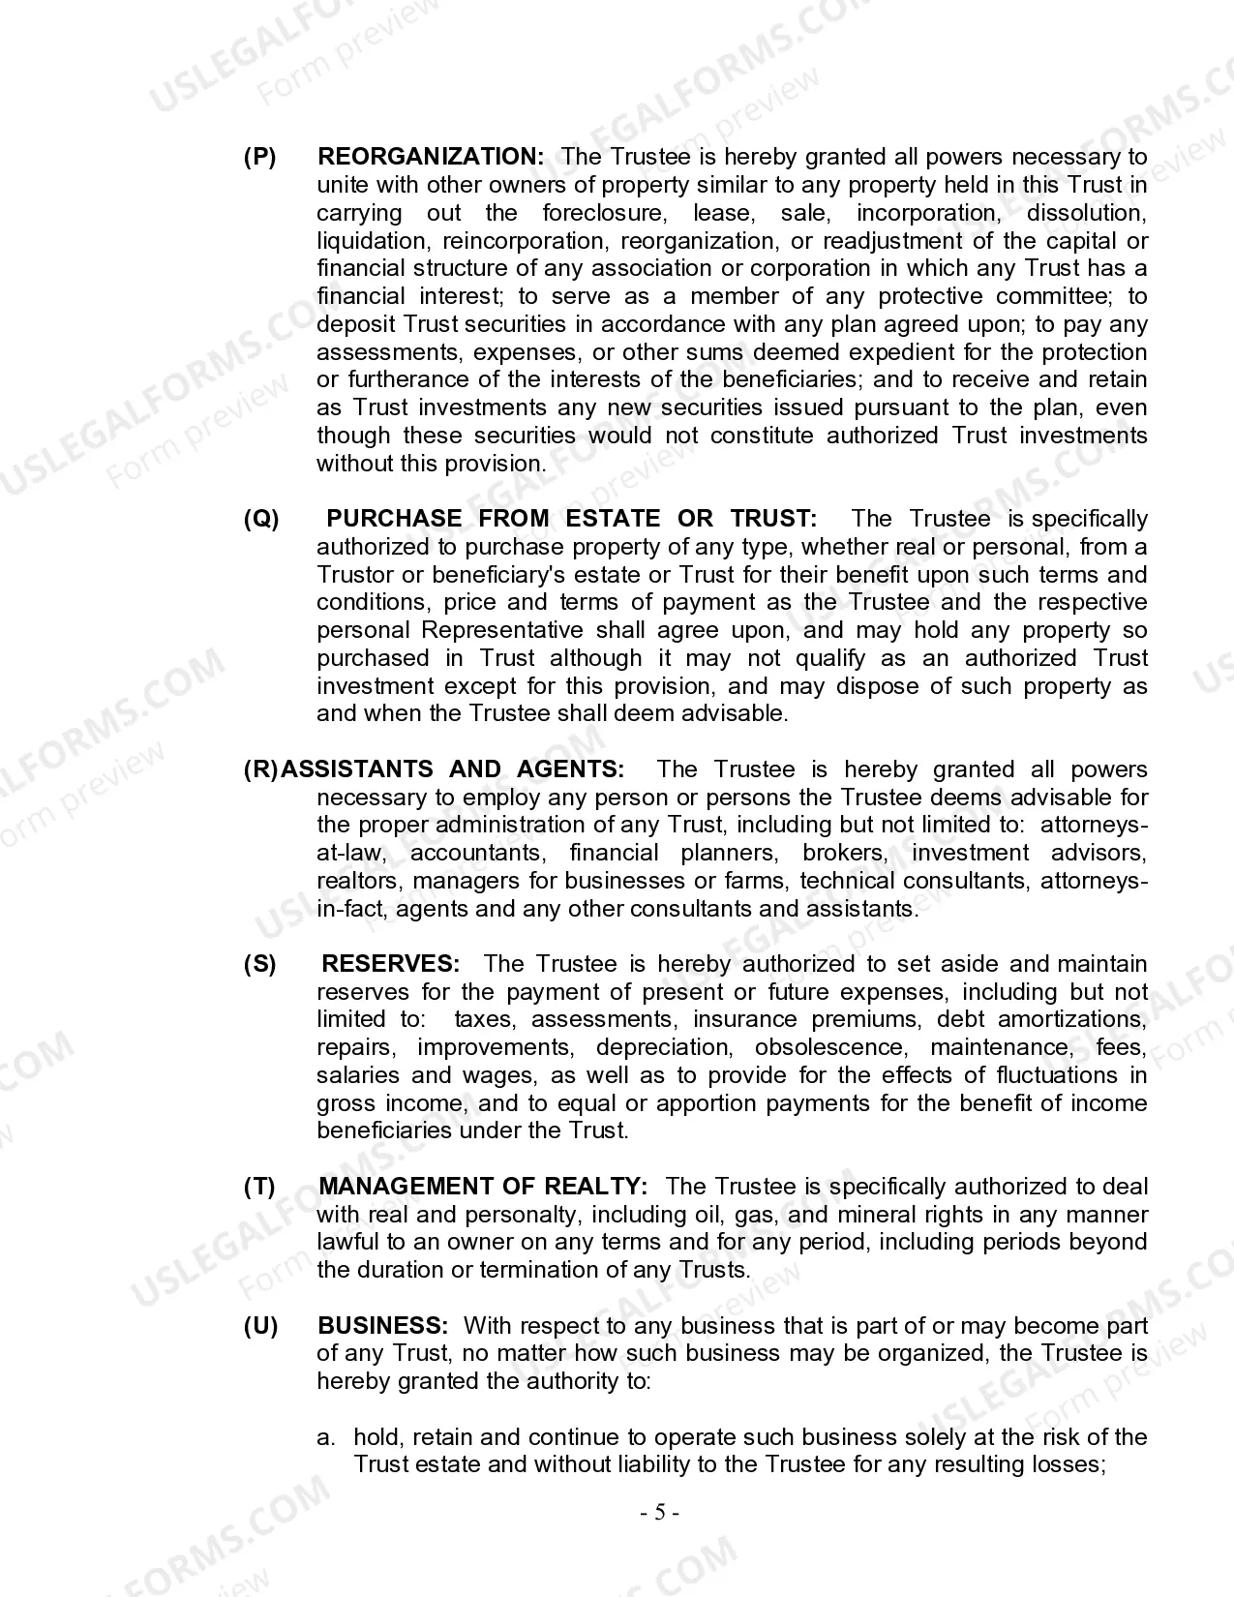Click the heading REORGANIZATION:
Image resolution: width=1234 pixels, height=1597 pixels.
431,157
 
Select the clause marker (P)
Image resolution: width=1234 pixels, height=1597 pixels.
259,157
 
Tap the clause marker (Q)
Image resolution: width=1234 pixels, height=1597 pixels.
260,519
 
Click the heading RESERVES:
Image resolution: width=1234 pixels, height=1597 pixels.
391,964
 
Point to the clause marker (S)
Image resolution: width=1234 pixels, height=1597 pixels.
259,964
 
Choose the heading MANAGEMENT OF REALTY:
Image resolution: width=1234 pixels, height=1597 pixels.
483,1187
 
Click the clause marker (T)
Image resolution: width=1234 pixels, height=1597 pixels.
259,1187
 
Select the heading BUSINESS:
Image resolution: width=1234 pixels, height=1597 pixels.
383,1326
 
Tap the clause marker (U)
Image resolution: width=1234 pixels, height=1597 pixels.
260,1326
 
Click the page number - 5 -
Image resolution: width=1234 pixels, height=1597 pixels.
660,1513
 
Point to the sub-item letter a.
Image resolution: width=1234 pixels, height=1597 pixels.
325,1437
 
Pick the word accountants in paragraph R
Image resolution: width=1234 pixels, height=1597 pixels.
476,853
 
